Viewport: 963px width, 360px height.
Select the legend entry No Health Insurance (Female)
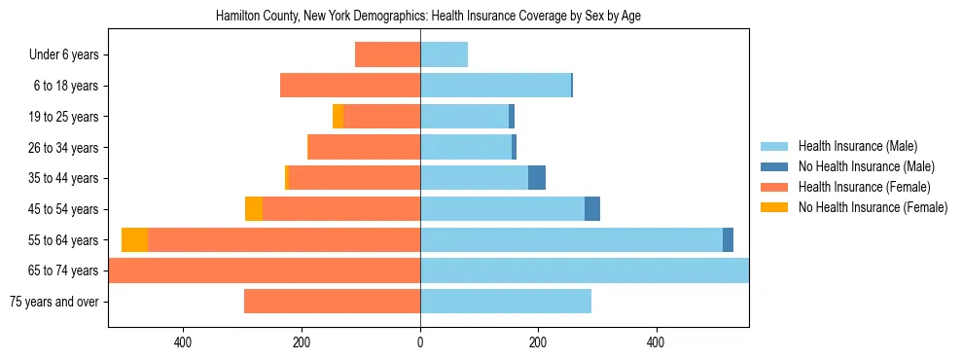pyautogui.click(x=873, y=207)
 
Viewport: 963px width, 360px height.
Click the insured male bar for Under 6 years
pyautogui.click(x=444, y=54)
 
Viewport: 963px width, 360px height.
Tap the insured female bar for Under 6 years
pyautogui.click(x=387, y=54)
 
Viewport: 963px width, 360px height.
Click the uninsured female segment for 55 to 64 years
pyautogui.click(x=134, y=239)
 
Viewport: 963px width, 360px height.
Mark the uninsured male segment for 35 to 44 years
pyautogui.click(x=537, y=178)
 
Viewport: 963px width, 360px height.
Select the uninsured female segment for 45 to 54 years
pyautogui.click(x=254, y=209)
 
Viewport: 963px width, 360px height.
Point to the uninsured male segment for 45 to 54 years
pyautogui.click(x=592, y=209)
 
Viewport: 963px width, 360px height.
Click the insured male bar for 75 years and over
pyautogui.click(x=506, y=302)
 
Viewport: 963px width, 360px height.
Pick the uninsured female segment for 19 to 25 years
pyautogui.click(x=338, y=117)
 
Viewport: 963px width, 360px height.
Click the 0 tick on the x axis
pyautogui.click(x=420, y=342)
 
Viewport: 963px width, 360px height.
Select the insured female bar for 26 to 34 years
pyautogui.click(x=364, y=147)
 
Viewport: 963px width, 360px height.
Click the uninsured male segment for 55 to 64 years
pyautogui.click(x=728, y=239)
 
